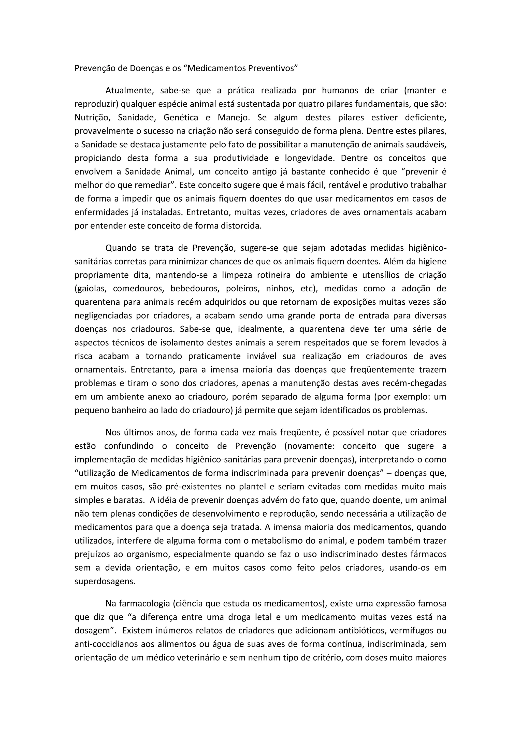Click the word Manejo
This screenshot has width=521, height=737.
coord(234,118)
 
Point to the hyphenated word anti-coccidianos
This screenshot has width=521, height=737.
coord(107,644)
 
